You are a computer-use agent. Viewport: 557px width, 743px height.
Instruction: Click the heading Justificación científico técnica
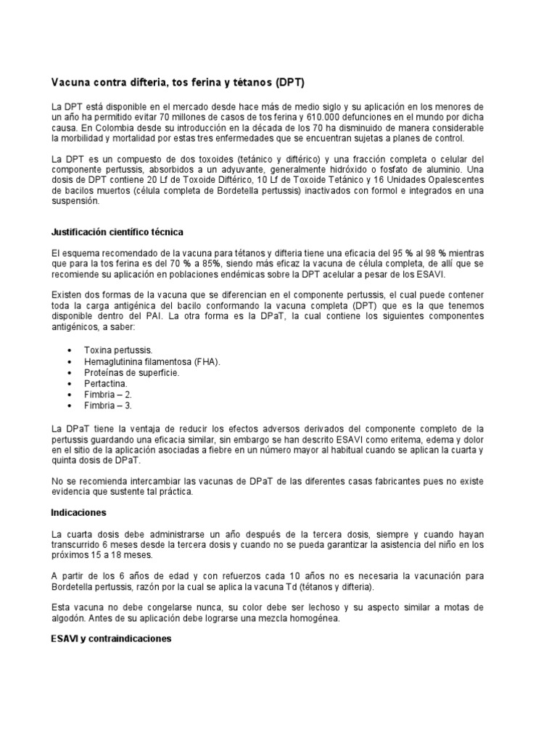pos(117,232)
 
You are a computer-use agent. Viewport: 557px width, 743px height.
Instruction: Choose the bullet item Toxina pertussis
pos(118,350)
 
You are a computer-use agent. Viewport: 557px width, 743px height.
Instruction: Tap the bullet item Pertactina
pos(106,383)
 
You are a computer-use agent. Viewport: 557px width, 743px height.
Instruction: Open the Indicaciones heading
pos(79,512)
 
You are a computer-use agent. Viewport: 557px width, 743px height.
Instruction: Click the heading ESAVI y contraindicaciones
pos(111,639)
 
